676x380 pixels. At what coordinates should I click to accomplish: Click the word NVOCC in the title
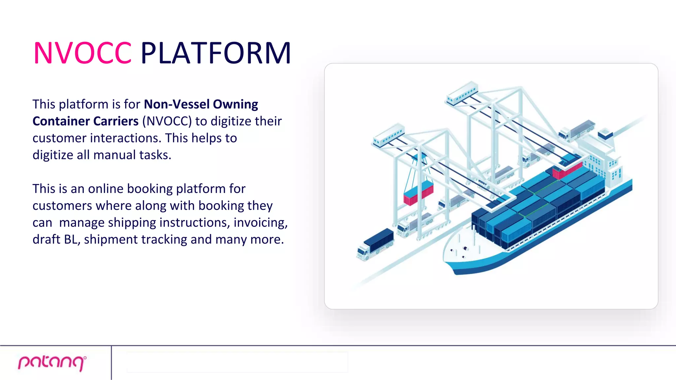click(x=83, y=53)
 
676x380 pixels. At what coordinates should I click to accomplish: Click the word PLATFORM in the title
click(x=216, y=53)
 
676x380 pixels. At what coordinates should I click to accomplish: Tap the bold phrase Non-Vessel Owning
click(x=201, y=104)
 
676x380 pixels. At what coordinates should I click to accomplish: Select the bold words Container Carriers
click(x=85, y=121)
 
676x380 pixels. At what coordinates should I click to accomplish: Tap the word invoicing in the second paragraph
click(x=260, y=223)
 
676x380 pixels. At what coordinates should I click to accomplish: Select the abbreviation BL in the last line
click(x=72, y=239)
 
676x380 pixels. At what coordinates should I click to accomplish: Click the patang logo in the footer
click(x=52, y=363)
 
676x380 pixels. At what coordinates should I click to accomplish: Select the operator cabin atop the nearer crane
click(x=389, y=135)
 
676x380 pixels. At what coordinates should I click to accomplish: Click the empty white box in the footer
click(x=237, y=362)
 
